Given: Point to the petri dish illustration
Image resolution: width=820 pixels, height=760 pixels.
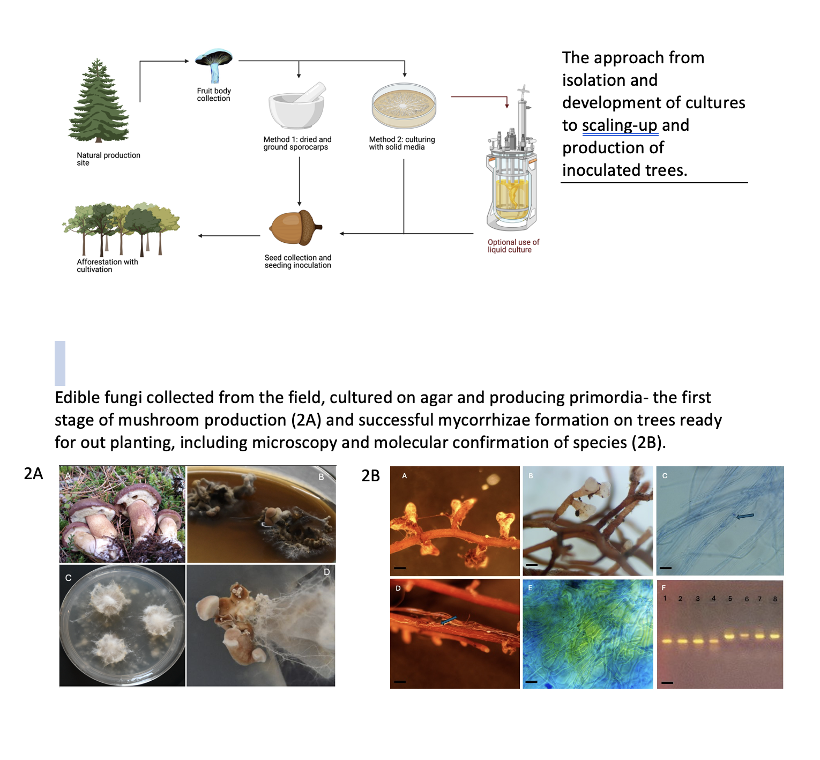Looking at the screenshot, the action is [404, 105].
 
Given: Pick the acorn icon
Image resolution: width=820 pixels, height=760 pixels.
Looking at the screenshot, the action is [295, 227].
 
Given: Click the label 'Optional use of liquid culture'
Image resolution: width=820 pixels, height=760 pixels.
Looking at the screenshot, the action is [513, 246].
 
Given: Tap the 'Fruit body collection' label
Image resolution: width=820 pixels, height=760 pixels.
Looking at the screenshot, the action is [214, 95].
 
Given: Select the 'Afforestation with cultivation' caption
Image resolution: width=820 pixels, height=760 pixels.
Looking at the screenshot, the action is [107, 266].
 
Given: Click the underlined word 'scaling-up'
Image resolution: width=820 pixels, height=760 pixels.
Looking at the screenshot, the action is [620, 125].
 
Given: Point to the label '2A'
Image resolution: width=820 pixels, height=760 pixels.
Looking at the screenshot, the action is [33, 473].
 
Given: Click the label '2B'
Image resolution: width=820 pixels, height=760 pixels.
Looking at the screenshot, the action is [371, 475].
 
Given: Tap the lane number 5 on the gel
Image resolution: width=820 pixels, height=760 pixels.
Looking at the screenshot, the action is [730, 599].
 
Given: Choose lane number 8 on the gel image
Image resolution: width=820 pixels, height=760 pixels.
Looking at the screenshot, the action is [775, 599].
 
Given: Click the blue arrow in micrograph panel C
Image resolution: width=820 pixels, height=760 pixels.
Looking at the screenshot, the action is [745, 516].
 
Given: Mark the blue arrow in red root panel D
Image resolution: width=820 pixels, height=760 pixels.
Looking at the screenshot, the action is [449, 620].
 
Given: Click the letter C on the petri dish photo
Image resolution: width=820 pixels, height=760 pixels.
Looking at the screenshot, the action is [68, 578].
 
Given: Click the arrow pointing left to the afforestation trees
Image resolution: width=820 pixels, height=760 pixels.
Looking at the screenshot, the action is [229, 236].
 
